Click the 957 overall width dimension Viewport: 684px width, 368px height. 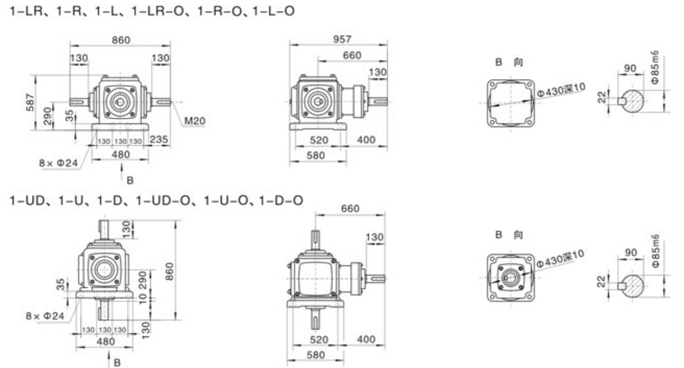(342, 39)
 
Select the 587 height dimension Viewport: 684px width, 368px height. (30, 102)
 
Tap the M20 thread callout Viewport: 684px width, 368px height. (195, 121)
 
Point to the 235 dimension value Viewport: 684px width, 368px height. (159, 139)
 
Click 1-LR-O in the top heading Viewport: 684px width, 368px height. (158, 11)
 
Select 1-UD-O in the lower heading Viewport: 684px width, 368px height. (163, 201)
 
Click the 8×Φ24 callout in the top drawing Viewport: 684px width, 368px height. (59, 163)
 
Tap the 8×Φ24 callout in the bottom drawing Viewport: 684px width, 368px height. (45, 316)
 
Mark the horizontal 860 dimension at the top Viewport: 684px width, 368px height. (121, 40)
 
